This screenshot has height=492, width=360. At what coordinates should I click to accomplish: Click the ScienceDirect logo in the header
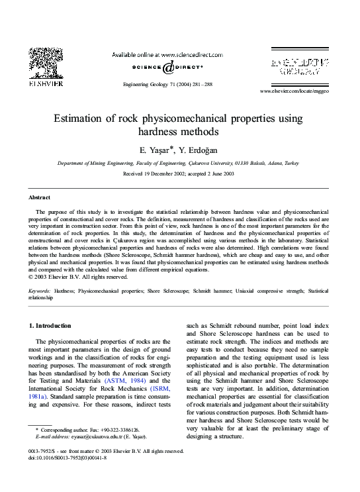pyautogui.click(x=167, y=67)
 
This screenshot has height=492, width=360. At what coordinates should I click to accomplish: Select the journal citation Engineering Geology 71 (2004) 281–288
pyautogui.click(x=167, y=85)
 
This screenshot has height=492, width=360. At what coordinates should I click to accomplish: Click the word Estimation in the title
pyautogui.click(x=77, y=119)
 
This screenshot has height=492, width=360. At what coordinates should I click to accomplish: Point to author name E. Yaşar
pyautogui.click(x=155, y=150)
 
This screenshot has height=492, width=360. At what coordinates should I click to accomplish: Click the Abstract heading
pyautogui.click(x=39, y=197)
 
